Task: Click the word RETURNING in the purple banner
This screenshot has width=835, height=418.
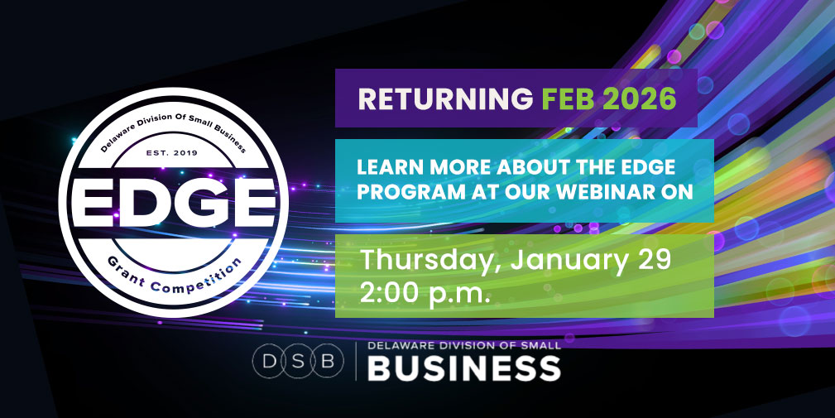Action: point(443,98)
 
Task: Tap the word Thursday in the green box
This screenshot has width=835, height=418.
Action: point(429,259)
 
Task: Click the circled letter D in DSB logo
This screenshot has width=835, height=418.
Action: point(270,361)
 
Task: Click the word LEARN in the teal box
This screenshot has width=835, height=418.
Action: point(386,166)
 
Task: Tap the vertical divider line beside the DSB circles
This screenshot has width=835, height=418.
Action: point(356,361)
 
